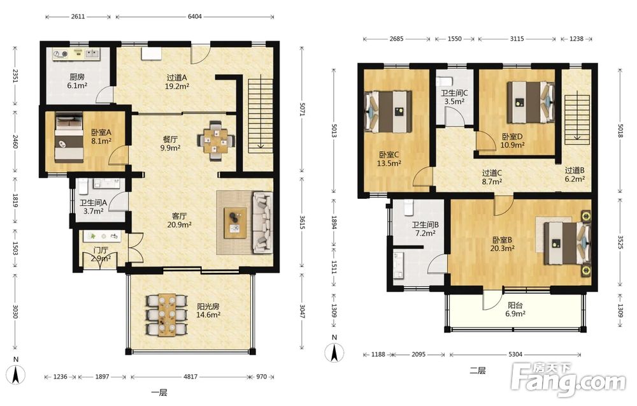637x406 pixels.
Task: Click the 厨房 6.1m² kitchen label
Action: (x=77, y=82)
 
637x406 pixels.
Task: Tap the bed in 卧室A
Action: (x=69, y=138)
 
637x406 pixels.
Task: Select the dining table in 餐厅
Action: (x=216, y=141)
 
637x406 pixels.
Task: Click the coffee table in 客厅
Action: (x=235, y=222)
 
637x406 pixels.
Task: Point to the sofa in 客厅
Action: (x=262, y=222)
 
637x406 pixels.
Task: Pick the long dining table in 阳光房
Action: (x=167, y=315)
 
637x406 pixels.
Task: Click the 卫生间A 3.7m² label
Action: (x=93, y=207)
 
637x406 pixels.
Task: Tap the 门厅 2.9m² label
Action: (x=101, y=254)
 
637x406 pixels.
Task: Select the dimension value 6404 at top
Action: (x=194, y=17)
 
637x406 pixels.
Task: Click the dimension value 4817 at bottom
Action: (x=190, y=377)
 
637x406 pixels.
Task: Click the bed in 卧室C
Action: (x=389, y=112)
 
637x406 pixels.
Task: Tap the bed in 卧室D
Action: (x=531, y=103)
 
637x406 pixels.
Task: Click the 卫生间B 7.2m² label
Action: (x=425, y=229)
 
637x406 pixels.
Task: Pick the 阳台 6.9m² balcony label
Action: (x=515, y=310)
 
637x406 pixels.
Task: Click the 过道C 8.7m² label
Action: (x=492, y=177)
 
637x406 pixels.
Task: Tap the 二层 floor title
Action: (x=478, y=370)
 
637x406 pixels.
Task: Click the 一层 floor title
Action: (x=159, y=393)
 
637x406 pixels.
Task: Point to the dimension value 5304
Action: (x=515, y=354)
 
